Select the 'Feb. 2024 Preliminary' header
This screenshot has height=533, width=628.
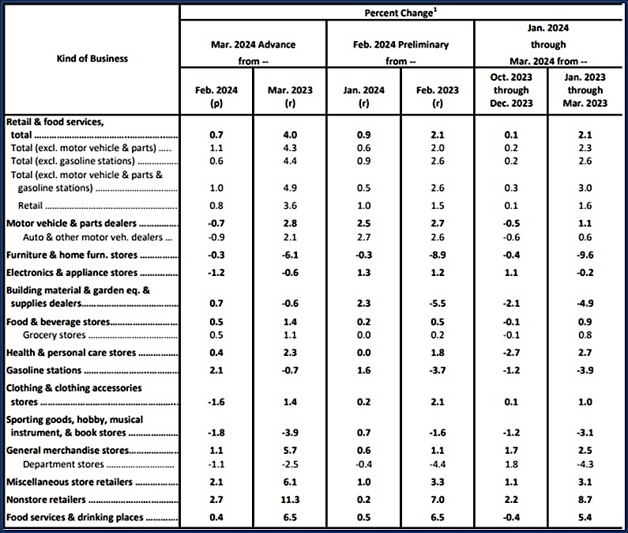coord(402,44)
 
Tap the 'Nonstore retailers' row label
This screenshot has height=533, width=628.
coord(47,501)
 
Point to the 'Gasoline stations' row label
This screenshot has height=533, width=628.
coord(44,370)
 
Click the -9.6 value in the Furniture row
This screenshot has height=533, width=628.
coord(585,255)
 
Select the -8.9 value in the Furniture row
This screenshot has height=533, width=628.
coord(438,255)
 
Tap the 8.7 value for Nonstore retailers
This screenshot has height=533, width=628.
coord(585,501)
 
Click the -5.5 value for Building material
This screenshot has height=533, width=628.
coord(438,303)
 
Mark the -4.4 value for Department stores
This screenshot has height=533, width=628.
coord(438,464)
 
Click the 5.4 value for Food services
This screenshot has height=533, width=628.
coord(585,518)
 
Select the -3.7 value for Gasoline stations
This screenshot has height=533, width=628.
coord(438,370)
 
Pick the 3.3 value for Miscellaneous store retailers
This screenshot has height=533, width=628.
coord(438,482)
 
